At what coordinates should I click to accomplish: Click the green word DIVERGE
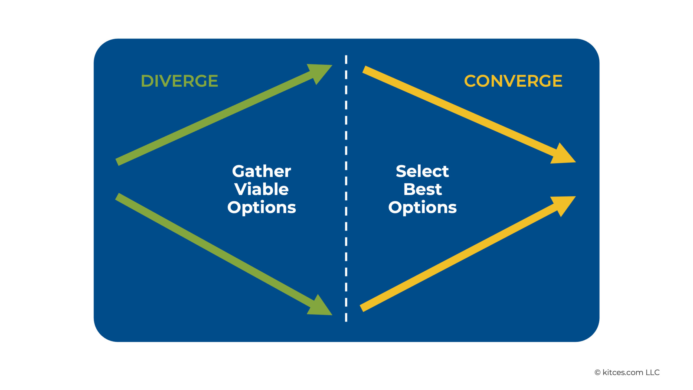click(x=179, y=81)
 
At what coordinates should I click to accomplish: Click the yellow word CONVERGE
click(x=513, y=81)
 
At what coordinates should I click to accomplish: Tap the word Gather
click(x=261, y=171)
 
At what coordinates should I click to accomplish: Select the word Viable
click(x=261, y=189)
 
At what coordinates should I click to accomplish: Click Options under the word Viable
click(x=261, y=207)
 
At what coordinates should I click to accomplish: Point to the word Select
click(x=422, y=171)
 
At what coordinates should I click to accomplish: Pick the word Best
click(x=422, y=189)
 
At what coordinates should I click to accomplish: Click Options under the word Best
click(x=422, y=207)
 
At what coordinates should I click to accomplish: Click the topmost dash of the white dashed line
click(x=346, y=60)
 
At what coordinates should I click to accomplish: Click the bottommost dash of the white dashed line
click(x=346, y=317)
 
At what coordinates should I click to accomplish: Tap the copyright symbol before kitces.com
click(x=597, y=373)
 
